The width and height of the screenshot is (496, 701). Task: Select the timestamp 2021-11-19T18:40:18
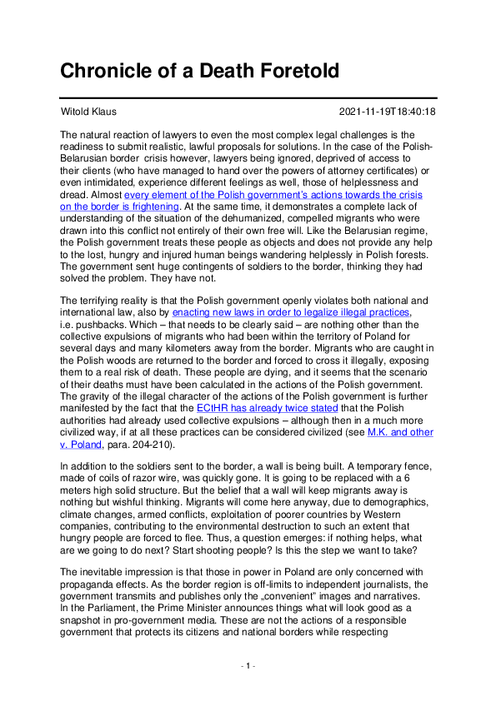click(x=388, y=112)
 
